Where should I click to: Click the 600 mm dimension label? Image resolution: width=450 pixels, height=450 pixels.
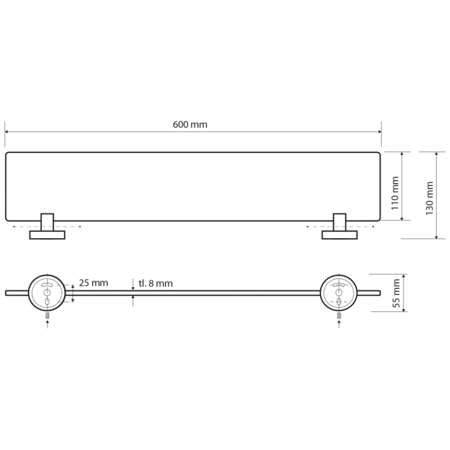190,124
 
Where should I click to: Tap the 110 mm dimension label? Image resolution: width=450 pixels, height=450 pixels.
395,193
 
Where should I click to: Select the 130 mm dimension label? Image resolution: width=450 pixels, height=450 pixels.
429,198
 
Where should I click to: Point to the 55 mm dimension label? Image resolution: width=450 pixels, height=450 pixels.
396,293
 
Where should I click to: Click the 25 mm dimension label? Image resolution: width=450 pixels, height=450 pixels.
93,283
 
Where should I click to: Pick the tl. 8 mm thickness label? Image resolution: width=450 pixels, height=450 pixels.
156,283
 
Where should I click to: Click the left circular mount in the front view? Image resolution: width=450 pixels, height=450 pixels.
47,292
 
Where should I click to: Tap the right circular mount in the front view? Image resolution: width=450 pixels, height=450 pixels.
339,292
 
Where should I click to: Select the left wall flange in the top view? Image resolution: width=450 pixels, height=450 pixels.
47,235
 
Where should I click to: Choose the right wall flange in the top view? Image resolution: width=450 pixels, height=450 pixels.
339,235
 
